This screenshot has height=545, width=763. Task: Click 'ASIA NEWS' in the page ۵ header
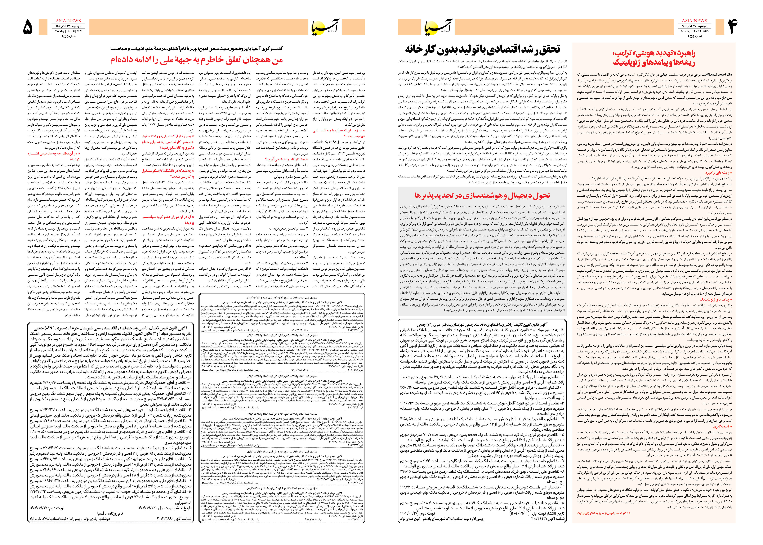tap(68, 20)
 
